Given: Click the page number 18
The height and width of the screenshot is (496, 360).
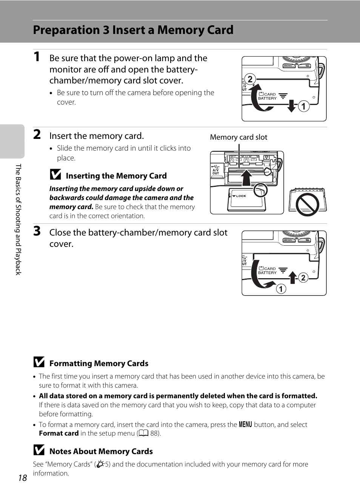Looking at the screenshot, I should [x=23, y=478].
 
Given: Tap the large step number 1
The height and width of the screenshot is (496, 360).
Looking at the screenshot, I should [x=37, y=57].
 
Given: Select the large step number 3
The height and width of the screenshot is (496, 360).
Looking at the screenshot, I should [x=37, y=231].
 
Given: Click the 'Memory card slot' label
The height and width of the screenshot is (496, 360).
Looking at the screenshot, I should [x=238, y=137].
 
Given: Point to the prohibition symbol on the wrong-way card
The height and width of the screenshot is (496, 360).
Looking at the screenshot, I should [x=308, y=204].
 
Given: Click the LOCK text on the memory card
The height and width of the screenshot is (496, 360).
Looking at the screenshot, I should [x=241, y=196].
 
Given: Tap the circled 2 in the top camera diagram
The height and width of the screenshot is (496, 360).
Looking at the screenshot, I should [x=250, y=79].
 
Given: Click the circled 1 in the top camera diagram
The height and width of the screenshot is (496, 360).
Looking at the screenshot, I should [x=304, y=106].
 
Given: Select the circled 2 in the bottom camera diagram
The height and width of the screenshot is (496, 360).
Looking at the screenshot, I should [x=303, y=278].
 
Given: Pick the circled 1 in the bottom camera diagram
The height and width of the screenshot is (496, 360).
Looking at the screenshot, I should [x=281, y=289].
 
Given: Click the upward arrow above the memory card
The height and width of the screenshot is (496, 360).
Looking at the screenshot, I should [x=246, y=177].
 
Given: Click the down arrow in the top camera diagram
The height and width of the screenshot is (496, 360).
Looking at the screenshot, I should [x=291, y=106].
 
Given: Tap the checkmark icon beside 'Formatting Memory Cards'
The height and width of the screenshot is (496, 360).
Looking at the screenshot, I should [x=39, y=362].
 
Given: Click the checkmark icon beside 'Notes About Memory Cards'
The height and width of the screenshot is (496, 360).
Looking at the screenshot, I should [x=39, y=450].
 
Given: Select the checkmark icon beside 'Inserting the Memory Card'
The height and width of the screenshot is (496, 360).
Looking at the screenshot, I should [x=55, y=174].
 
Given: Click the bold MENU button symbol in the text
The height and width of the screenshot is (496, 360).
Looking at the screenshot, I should [x=245, y=424].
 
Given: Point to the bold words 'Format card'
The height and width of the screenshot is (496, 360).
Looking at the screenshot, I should [x=59, y=433].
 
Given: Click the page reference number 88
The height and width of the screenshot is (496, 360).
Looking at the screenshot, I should [x=154, y=433].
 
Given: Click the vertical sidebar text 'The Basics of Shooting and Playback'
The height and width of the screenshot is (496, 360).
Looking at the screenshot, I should [x=18, y=219].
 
